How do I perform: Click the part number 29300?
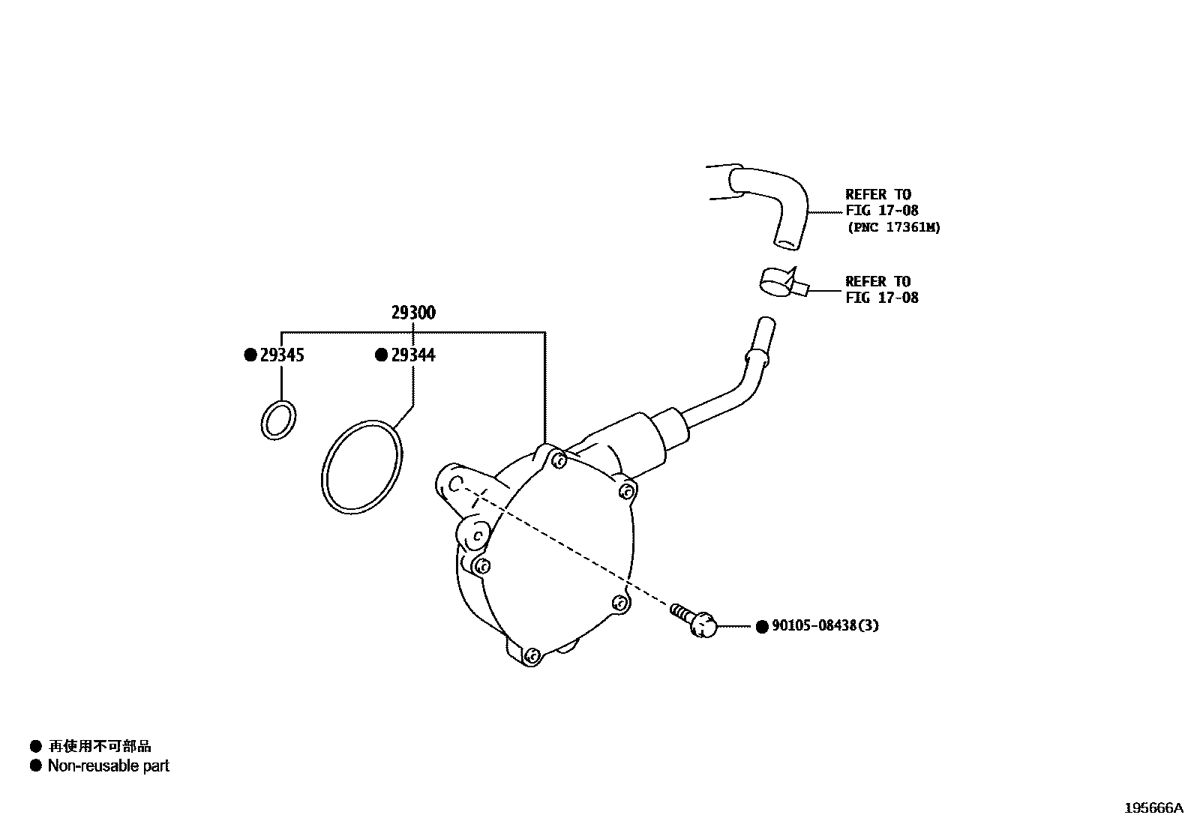pos(413,313)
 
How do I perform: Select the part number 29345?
pos(282,355)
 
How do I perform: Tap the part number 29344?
pos(413,355)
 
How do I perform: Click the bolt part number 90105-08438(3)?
pos(825,625)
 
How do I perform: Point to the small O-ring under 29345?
pos(277,419)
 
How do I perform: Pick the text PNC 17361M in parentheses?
pos(893,227)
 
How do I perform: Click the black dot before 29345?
pos(250,355)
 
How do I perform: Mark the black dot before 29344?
pos(382,355)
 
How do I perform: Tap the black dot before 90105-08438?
pos(762,626)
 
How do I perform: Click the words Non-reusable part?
pos(109,766)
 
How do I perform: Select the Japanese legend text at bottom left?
pos(100,746)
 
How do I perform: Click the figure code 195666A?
pos(1153,808)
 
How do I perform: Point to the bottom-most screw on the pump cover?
pos(532,656)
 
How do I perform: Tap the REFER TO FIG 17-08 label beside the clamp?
pos(881,289)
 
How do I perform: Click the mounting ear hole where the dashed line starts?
pos(457,484)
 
